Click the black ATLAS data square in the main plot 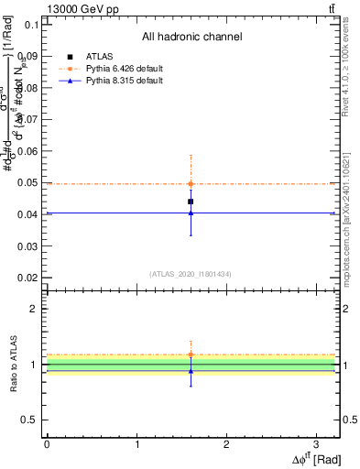(x=191, y=202)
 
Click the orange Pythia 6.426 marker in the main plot (x=191, y=183)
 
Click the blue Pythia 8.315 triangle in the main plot (x=191, y=213)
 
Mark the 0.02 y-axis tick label (x=27, y=278)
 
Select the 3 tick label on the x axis (x=316, y=444)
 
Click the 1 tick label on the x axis (x=136, y=444)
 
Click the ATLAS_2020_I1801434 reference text (x=191, y=274)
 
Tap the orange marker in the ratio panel (x=191, y=354)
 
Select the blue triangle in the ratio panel (x=191, y=370)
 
